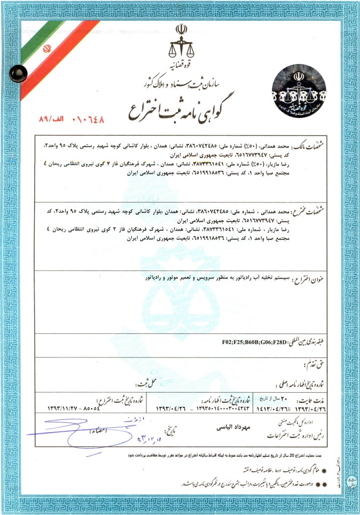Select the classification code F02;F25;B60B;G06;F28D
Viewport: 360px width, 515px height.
(254, 341)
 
